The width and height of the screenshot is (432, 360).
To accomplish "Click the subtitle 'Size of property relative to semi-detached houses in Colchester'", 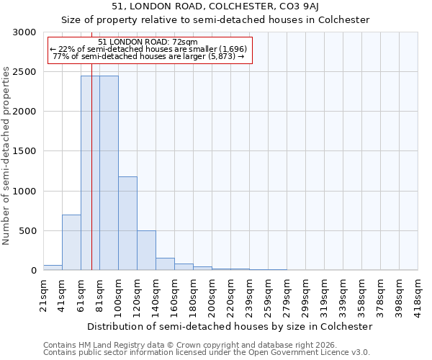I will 215,20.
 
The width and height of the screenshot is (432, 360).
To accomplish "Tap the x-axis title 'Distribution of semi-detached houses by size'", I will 230,326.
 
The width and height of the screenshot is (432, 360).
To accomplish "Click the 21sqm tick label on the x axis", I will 43,293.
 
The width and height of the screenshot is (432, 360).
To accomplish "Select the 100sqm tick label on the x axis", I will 118,293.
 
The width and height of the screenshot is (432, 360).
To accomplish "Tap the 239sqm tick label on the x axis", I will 249,293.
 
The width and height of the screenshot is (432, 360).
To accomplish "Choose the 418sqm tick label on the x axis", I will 418,293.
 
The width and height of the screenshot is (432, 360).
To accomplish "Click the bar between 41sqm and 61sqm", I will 71,243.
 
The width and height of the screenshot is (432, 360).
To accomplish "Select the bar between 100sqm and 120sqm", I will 127,223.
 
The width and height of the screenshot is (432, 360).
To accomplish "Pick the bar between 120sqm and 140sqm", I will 146,251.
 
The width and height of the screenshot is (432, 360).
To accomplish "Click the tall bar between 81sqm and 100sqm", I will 109,173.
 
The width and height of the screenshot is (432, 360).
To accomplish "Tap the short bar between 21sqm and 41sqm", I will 53,268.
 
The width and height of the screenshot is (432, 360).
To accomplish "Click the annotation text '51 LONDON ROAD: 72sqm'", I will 147,42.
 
